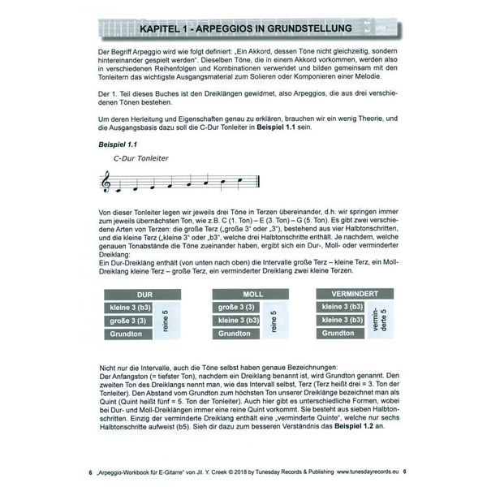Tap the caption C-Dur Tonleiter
tap(142, 158)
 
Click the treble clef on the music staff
tap(106, 183)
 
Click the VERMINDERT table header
tap(356, 293)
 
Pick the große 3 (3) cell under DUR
tap(128, 321)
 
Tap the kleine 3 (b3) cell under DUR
tap(128, 307)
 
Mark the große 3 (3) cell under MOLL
tap(236, 307)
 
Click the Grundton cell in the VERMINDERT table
tap(343, 333)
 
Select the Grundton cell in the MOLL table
tap(236, 334)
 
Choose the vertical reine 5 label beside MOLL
tap(274, 321)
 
